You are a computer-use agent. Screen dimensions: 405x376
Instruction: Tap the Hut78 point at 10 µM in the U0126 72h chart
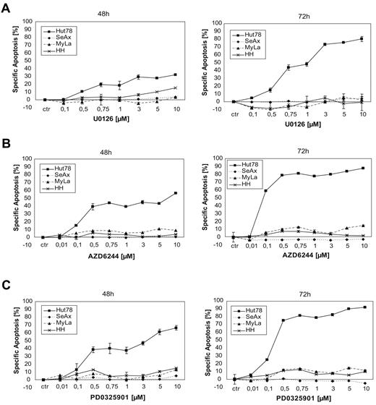coord(360,39)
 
